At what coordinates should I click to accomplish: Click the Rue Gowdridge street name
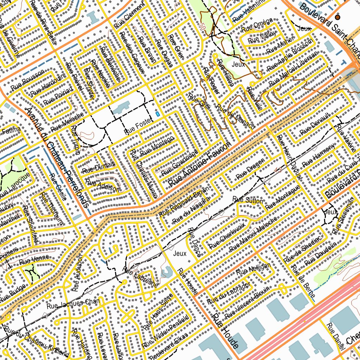coord(180,163)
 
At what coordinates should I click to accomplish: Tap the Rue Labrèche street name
coord(140,278)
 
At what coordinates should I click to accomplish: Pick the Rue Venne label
coord(34,261)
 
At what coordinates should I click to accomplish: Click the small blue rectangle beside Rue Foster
coord(157,114)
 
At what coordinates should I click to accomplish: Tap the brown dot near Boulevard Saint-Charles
coord(337,17)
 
